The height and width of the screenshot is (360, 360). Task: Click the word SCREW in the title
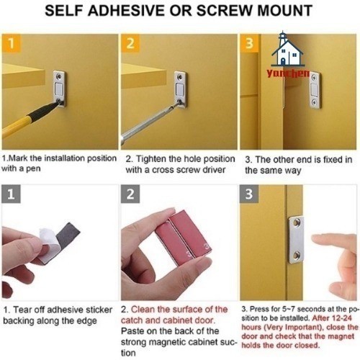224,11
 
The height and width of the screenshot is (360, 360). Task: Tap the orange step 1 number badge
12,43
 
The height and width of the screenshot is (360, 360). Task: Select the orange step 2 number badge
130,43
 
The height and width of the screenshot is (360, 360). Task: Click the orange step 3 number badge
249,43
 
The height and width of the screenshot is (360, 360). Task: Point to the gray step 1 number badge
11,194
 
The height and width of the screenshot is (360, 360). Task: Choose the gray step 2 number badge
130,194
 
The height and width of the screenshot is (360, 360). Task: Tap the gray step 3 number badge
249,194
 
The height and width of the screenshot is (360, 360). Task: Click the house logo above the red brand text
288,49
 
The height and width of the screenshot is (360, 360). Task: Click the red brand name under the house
288,73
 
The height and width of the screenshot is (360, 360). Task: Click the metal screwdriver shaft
149,123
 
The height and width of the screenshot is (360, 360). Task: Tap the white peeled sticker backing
49,243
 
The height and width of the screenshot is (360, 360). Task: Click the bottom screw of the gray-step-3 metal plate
297,256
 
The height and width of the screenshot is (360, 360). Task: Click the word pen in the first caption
33,169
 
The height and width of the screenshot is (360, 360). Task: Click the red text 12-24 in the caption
342,318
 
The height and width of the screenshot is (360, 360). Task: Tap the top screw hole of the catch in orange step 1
58,77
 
